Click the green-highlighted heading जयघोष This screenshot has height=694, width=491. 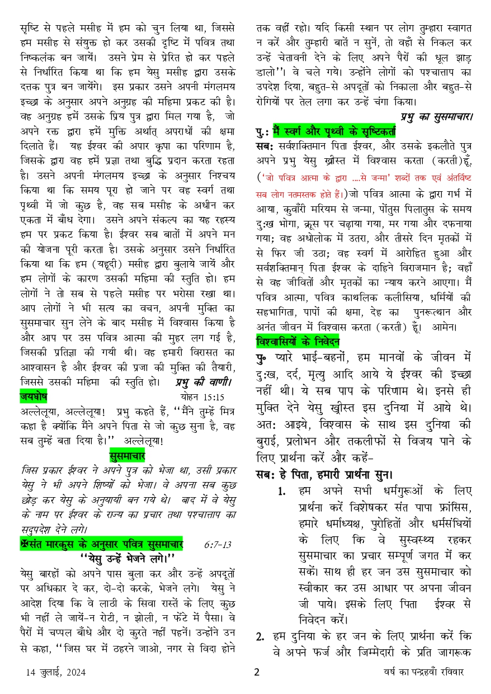click(33, 398)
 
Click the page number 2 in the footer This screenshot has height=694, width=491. click(257, 672)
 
